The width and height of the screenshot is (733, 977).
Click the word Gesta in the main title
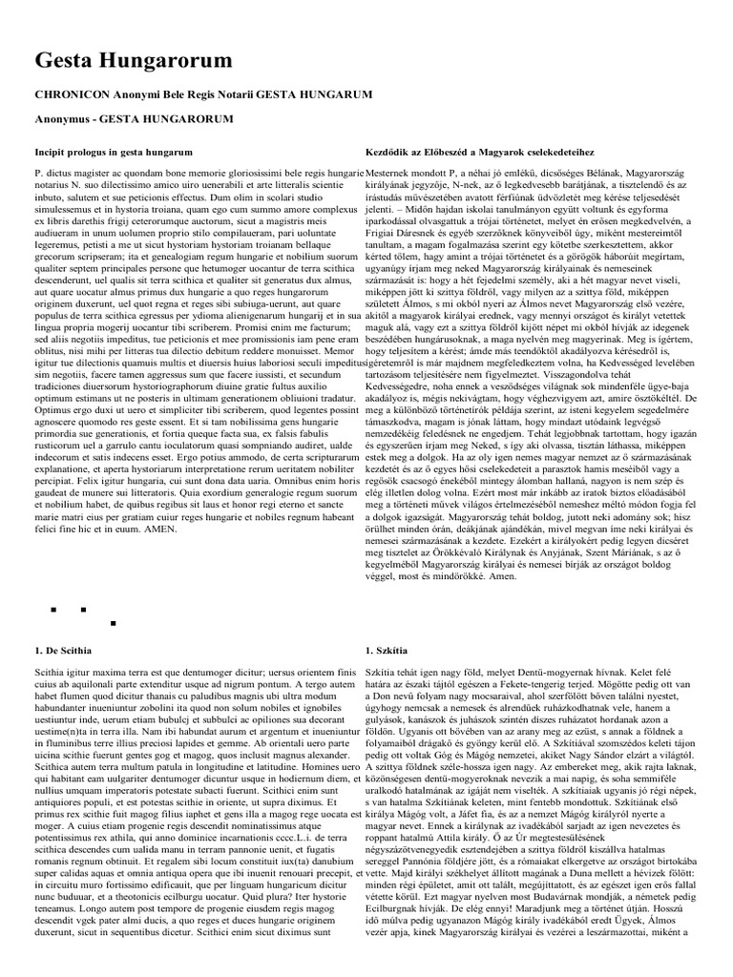click(70, 60)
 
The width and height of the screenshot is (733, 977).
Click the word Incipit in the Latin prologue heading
click(53, 152)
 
